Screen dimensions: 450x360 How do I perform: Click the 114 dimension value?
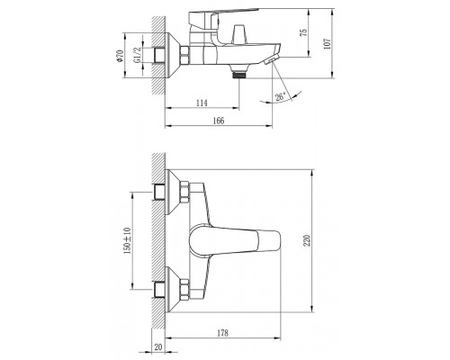[202, 103]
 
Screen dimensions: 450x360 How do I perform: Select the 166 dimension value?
[219, 121]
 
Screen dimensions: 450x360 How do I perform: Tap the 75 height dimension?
[304, 32]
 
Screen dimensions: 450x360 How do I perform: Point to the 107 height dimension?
[328, 43]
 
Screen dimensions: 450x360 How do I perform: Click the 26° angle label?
[281, 96]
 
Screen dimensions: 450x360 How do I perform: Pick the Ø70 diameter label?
[120, 56]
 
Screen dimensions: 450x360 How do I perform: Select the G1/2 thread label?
[137, 55]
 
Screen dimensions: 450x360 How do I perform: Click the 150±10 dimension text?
[128, 241]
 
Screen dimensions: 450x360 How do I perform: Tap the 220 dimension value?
[307, 241]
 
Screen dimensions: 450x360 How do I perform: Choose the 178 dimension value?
[222, 333]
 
